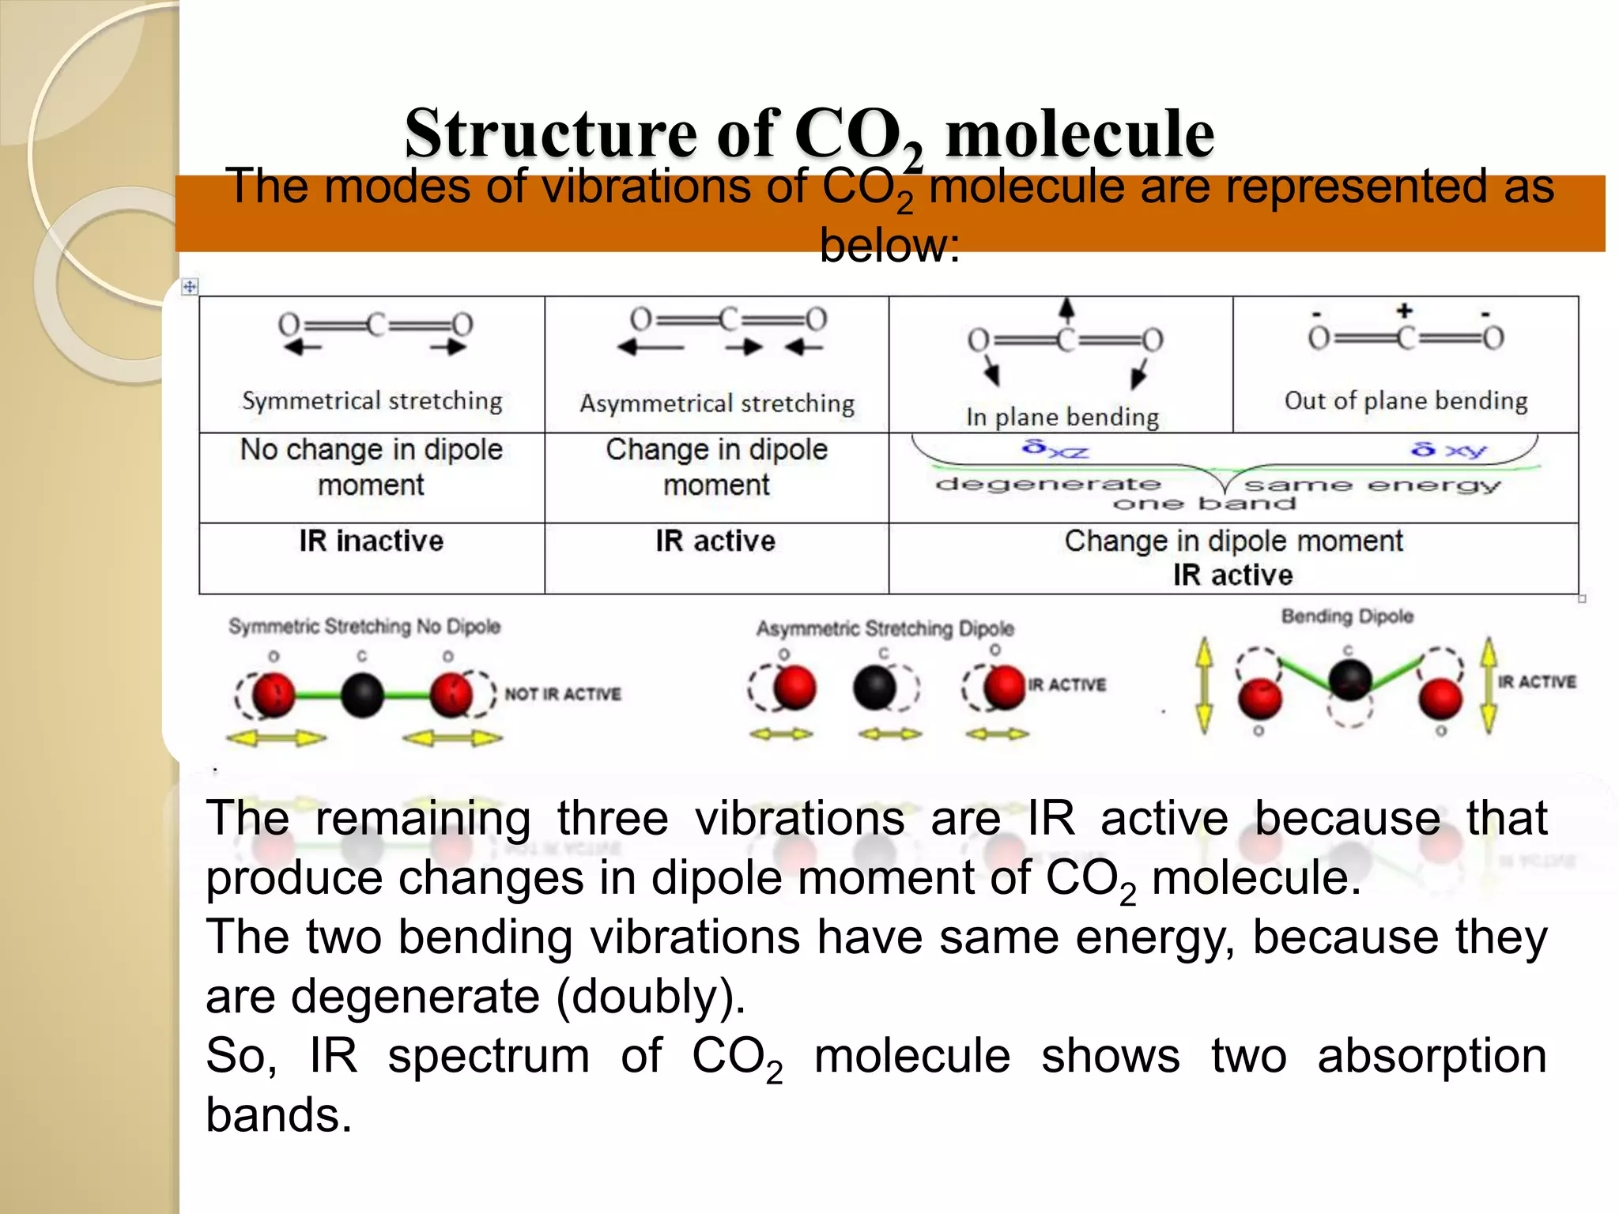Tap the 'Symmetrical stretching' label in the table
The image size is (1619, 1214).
[372, 401]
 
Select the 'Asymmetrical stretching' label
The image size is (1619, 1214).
[717, 404]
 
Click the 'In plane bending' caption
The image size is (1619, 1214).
[1062, 417]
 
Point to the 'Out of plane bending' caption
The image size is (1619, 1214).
[1406, 401]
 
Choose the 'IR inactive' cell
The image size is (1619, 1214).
[371, 541]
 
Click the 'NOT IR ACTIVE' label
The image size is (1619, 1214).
[563, 694]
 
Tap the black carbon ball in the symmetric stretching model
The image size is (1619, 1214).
[362, 696]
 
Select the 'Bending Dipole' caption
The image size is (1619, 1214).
[1347, 616]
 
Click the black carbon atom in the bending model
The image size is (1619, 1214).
[1349, 678]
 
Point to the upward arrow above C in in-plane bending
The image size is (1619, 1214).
[1066, 309]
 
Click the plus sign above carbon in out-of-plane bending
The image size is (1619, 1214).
[1404, 311]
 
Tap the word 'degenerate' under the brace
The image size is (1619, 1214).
[1047, 484]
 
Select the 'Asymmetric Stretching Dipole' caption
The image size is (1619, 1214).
[885, 629]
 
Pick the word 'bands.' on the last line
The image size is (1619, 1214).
[278, 1114]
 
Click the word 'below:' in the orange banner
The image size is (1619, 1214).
[889, 246]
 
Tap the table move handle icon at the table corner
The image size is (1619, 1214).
[190, 287]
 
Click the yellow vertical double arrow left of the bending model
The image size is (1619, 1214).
[1203, 685]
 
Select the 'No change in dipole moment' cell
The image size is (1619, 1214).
[371, 467]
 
